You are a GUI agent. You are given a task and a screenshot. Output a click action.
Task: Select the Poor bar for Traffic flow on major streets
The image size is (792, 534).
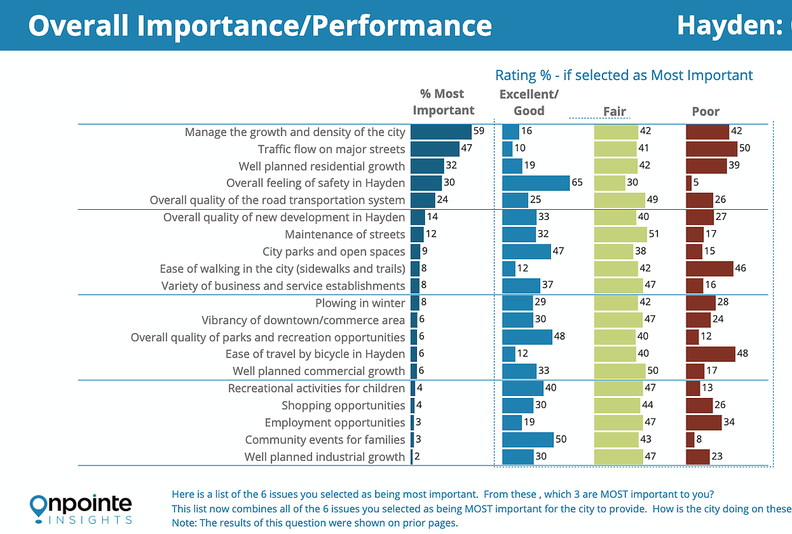(711, 149)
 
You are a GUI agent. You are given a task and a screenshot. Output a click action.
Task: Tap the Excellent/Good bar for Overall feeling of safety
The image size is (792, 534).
(536, 183)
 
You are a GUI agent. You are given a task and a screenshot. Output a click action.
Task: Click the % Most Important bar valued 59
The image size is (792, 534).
(441, 132)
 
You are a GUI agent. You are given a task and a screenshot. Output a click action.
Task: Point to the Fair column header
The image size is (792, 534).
(615, 112)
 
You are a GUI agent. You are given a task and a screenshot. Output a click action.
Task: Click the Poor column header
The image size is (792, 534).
(705, 112)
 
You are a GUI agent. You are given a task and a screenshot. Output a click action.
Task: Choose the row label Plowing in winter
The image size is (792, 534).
(360, 303)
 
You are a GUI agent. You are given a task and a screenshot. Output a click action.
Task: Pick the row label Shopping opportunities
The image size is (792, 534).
(343, 405)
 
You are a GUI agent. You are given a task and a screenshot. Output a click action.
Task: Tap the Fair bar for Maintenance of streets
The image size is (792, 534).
(620, 234)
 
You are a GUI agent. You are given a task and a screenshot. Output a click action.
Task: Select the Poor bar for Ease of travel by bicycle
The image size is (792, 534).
(710, 354)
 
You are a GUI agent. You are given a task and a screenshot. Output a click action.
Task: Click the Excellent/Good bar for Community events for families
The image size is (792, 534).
(528, 440)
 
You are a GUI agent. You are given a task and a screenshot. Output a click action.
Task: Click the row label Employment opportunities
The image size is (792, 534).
(334, 422)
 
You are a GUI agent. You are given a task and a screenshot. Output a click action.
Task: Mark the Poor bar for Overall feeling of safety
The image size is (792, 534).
(688, 183)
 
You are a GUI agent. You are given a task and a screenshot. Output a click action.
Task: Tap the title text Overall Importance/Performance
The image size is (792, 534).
(260, 26)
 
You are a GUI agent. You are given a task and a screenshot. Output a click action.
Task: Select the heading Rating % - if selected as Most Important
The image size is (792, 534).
(623, 75)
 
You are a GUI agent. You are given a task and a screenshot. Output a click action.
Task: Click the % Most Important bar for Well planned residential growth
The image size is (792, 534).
(427, 166)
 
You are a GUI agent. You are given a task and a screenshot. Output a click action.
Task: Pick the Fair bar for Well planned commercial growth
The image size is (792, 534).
(619, 371)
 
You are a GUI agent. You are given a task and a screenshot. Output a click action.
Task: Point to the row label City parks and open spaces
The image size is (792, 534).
(334, 252)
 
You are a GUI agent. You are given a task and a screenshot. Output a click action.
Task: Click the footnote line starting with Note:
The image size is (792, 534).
(315, 523)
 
